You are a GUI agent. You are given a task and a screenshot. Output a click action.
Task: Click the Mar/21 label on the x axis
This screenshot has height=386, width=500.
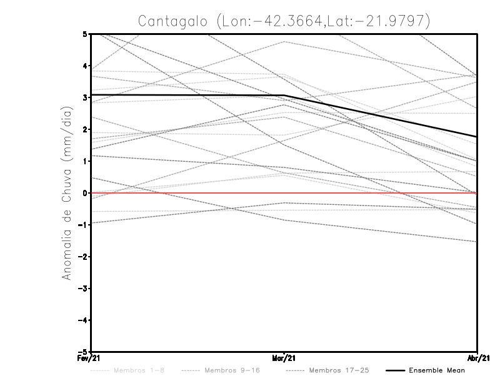pyautogui.click(x=284, y=357)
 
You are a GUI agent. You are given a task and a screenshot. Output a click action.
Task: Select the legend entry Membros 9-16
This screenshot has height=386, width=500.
pyautogui.click(x=231, y=370)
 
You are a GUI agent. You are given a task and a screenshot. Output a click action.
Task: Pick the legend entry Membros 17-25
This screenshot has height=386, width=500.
pyautogui.click(x=338, y=370)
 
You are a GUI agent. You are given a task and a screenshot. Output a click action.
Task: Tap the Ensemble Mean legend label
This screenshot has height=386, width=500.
pyautogui.click(x=436, y=370)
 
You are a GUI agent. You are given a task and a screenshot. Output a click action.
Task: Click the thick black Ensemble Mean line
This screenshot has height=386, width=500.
pyautogui.click(x=187, y=95)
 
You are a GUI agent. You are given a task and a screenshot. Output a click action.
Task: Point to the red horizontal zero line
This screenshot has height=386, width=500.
pyautogui.click(x=187, y=193)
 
